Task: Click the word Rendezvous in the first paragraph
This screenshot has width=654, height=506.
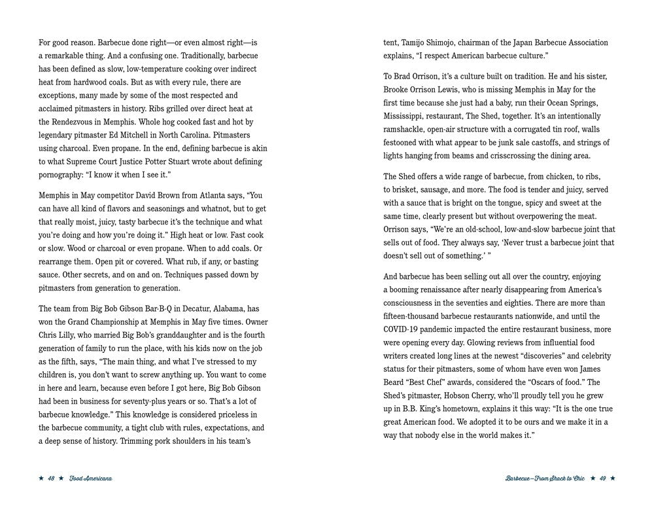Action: coord(78,122)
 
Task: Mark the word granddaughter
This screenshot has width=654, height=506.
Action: coord(180,335)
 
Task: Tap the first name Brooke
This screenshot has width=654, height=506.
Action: coord(398,90)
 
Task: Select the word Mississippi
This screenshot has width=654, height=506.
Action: coord(408,116)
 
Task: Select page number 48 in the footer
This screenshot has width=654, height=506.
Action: coord(51,479)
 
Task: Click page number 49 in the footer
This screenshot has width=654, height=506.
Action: coord(602,479)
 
